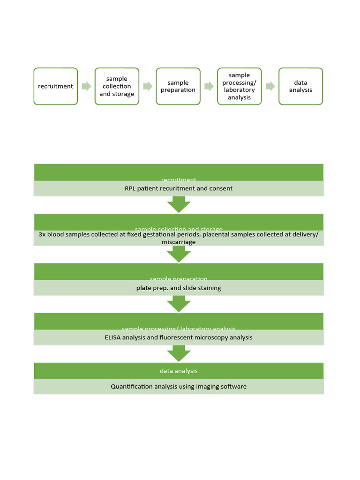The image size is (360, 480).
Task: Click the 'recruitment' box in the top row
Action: (56, 86)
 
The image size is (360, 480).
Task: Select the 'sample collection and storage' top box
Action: (117, 86)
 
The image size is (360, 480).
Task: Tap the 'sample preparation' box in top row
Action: (178, 86)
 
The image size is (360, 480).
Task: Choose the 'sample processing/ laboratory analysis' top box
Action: (240, 86)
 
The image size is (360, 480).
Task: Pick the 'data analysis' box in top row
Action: (300, 86)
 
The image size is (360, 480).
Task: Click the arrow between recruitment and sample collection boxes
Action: (86, 86)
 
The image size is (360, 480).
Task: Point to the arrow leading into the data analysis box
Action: (270, 86)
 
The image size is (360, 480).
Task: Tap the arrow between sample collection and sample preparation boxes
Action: (148, 86)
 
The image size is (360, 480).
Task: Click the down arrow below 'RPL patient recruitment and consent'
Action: (179, 204)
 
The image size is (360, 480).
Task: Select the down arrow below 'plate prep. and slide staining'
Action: (179, 304)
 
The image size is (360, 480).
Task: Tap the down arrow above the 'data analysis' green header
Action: (179, 353)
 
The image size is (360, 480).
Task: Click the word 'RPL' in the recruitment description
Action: (130, 188)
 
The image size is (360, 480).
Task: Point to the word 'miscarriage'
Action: (179, 242)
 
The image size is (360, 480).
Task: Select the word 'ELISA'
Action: (112, 337)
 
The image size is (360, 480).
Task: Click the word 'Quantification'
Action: (132, 387)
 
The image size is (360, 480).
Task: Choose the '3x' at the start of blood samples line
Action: (42, 234)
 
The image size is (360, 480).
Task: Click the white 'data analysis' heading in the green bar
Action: (179, 371)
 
